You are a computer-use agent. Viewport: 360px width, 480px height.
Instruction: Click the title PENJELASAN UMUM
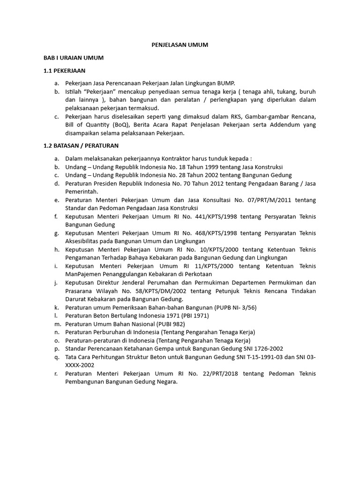coord(180,45)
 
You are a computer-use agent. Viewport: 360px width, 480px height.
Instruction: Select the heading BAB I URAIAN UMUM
coord(73,58)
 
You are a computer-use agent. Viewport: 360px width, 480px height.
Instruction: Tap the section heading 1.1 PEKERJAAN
coord(64,70)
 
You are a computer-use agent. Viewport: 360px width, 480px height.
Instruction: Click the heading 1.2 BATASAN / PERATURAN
coord(81,146)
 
